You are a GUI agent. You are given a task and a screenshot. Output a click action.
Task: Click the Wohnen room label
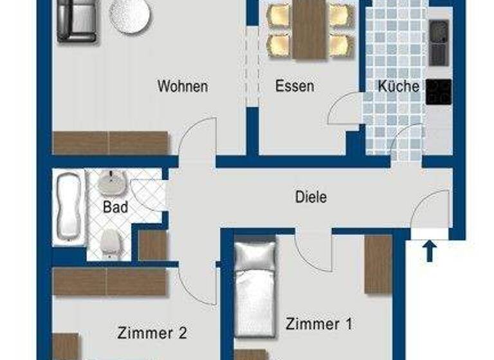183,86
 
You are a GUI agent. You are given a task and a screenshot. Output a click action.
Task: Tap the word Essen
295,86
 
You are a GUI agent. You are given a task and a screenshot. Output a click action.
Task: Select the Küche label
399,86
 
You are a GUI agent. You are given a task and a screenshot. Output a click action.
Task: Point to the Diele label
311,196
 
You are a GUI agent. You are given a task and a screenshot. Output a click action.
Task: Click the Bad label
115,207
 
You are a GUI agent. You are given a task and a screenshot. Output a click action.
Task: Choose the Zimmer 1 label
319,323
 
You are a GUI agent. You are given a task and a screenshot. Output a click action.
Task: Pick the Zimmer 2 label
152,333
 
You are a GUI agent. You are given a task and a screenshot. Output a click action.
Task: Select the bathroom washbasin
110,183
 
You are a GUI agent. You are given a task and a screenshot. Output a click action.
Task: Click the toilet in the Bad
110,243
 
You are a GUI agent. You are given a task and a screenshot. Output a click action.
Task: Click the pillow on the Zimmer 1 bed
254,254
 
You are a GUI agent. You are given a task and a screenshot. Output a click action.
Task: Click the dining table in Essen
311,29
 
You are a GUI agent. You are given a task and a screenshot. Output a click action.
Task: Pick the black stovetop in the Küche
439,92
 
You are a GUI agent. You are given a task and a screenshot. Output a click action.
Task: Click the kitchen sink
440,42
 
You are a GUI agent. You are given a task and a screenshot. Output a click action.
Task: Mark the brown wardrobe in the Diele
378,264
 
